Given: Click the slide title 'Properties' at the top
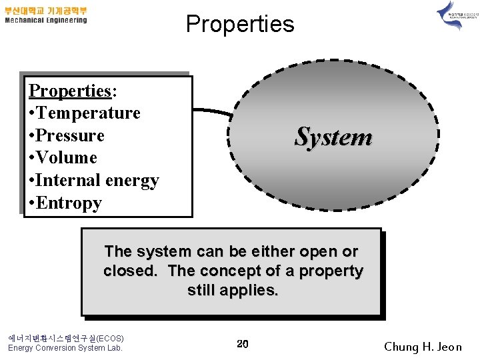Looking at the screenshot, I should (239, 24).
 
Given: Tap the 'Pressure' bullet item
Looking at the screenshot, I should (70, 135).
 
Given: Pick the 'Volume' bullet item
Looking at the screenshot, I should (67, 158).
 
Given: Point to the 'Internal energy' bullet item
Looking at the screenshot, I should (97, 181).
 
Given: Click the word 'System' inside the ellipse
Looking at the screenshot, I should (333, 137).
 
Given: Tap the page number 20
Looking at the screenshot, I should (243, 344).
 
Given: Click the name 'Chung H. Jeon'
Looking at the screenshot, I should (423, 347).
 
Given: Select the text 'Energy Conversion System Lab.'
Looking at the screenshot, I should (65, 347).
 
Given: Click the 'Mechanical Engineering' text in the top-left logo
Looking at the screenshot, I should (46, 20).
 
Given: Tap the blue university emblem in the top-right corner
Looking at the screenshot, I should (449, 15).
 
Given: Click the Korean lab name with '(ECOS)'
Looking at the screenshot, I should (65, 337).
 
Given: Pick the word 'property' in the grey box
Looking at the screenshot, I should (331, 271).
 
